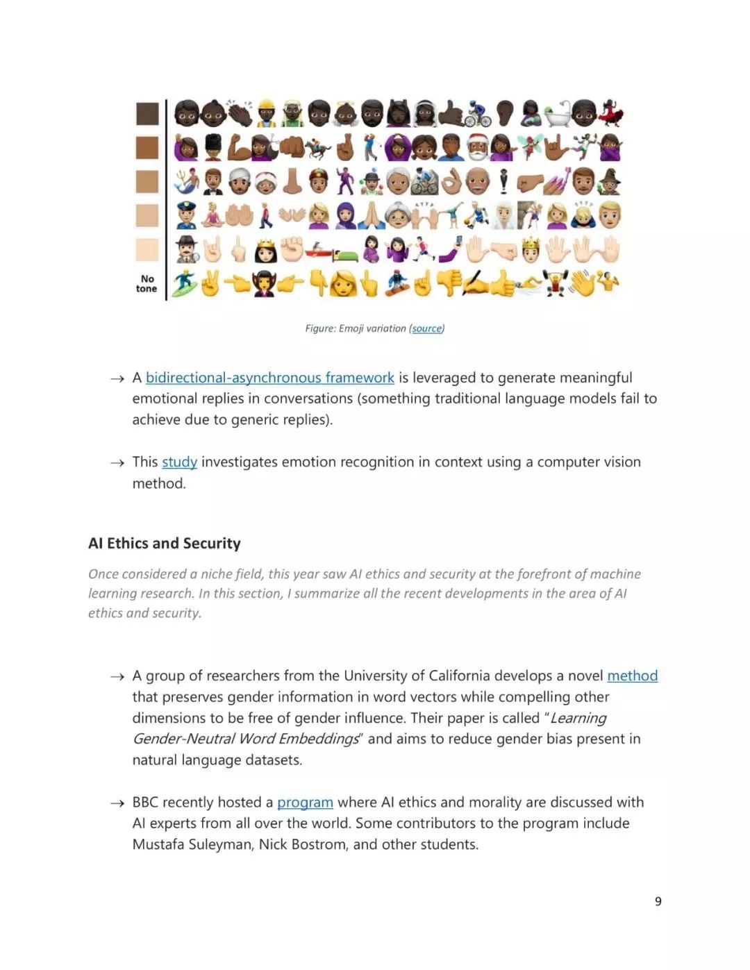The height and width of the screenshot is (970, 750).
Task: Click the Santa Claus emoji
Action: (x=477, y=147)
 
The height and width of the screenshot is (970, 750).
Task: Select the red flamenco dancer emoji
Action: (x=611, y=113)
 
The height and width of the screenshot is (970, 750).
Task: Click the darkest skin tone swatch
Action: (x=147, y=113)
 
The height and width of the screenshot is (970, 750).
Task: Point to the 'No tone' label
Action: (x=147, y=283)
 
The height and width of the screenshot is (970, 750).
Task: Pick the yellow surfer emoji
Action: (x=185, y=284)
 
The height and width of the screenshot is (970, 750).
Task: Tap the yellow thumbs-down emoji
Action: (x=449, y=283)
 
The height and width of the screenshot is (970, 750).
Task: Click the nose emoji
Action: (x=292, y=181)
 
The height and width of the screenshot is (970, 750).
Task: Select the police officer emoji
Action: (x=186, y=215)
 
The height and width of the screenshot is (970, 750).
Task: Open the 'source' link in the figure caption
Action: (x=426, y=328)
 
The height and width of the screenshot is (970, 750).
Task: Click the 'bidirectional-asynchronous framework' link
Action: (x=269, y=378)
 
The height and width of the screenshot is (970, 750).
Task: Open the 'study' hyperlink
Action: (x=179, y=462)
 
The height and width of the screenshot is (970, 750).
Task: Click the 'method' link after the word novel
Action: (x=632, y=676)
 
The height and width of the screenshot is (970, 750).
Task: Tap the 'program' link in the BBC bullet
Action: (x=305, y=802)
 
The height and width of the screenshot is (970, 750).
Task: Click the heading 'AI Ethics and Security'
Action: (x=165, y=543)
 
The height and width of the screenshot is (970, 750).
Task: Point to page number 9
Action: (x=658, y=901)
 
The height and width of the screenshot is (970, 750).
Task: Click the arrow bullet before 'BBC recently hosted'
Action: (x=117, y=803)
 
